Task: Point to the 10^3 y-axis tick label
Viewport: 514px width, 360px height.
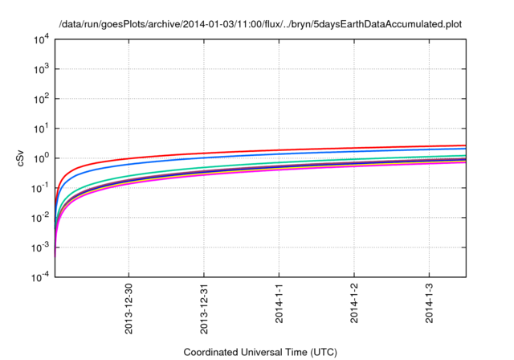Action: coord(41,68)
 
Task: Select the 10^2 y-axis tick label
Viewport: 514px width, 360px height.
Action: coord(41,98)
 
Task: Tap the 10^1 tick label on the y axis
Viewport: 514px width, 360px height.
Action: coord(41,128)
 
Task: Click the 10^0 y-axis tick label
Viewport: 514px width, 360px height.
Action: coord(41,157)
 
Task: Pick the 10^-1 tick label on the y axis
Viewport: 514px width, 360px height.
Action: coord(40,187)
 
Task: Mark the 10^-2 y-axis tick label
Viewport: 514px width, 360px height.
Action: coord(40,217)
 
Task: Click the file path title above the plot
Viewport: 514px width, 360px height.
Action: coord(261,23)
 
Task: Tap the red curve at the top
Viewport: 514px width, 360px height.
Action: coord(321,149)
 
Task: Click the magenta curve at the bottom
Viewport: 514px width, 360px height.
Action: coord(321,170)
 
